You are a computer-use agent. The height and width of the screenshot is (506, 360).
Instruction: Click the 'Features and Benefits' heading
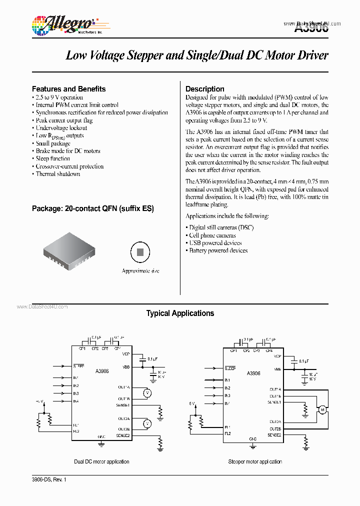click(68, 89)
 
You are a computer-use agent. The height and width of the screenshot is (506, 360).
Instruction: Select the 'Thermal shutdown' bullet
click(57, 174)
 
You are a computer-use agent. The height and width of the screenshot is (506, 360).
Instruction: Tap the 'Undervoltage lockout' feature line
click(61, 128)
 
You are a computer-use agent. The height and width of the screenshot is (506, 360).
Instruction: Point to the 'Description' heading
click(204, 89)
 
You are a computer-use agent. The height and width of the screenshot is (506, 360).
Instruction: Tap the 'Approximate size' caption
click(140, 271)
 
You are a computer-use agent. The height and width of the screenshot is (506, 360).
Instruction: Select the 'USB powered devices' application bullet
click(215, 243)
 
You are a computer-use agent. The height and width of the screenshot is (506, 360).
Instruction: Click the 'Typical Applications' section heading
click(180, 313)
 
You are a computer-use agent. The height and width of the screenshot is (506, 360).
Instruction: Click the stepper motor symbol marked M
click(322, 410)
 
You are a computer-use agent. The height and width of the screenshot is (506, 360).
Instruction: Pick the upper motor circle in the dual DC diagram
click(147, 392)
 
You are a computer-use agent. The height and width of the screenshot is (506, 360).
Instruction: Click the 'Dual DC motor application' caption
click(101, 461)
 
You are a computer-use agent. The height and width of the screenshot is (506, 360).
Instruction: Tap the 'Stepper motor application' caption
click(255, 461)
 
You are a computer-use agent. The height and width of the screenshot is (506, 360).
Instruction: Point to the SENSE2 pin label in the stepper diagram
click(274, 435)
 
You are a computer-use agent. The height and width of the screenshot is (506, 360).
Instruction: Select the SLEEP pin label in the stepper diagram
click(230, 368)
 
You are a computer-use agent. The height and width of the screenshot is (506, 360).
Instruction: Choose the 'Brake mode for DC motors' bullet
click(67, 151)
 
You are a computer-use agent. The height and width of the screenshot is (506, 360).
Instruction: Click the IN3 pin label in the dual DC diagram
click(75, 393)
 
